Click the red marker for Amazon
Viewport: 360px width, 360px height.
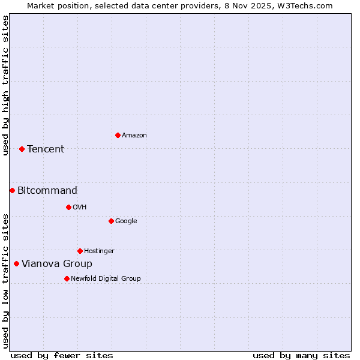pos(118,135)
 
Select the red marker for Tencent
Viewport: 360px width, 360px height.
pos(22,149)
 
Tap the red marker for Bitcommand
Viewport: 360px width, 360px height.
pos(12,190)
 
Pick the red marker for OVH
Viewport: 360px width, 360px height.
pos(68,207)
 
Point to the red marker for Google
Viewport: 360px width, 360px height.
pos(111,221)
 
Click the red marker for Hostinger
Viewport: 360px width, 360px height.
pos(80,251)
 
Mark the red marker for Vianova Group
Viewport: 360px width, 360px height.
pos(16,263)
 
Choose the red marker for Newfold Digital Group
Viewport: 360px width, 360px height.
pos(67,278)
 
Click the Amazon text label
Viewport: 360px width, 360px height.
pos(134,136)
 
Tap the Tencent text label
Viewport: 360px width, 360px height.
pos(46,149)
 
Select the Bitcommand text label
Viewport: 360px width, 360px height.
pos(47,191)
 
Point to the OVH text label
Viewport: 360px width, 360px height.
pos(80,208)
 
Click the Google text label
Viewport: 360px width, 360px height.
pos(126,221)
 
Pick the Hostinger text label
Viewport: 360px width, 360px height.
pos(99,251)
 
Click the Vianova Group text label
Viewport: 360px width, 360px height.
pos(57,264)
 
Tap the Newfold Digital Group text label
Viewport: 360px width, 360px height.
pos(106,279)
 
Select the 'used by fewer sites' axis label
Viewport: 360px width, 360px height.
pos(62,355)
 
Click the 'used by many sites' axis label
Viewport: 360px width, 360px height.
pos(301,355)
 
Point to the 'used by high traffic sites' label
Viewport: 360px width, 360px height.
pos(5,85)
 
